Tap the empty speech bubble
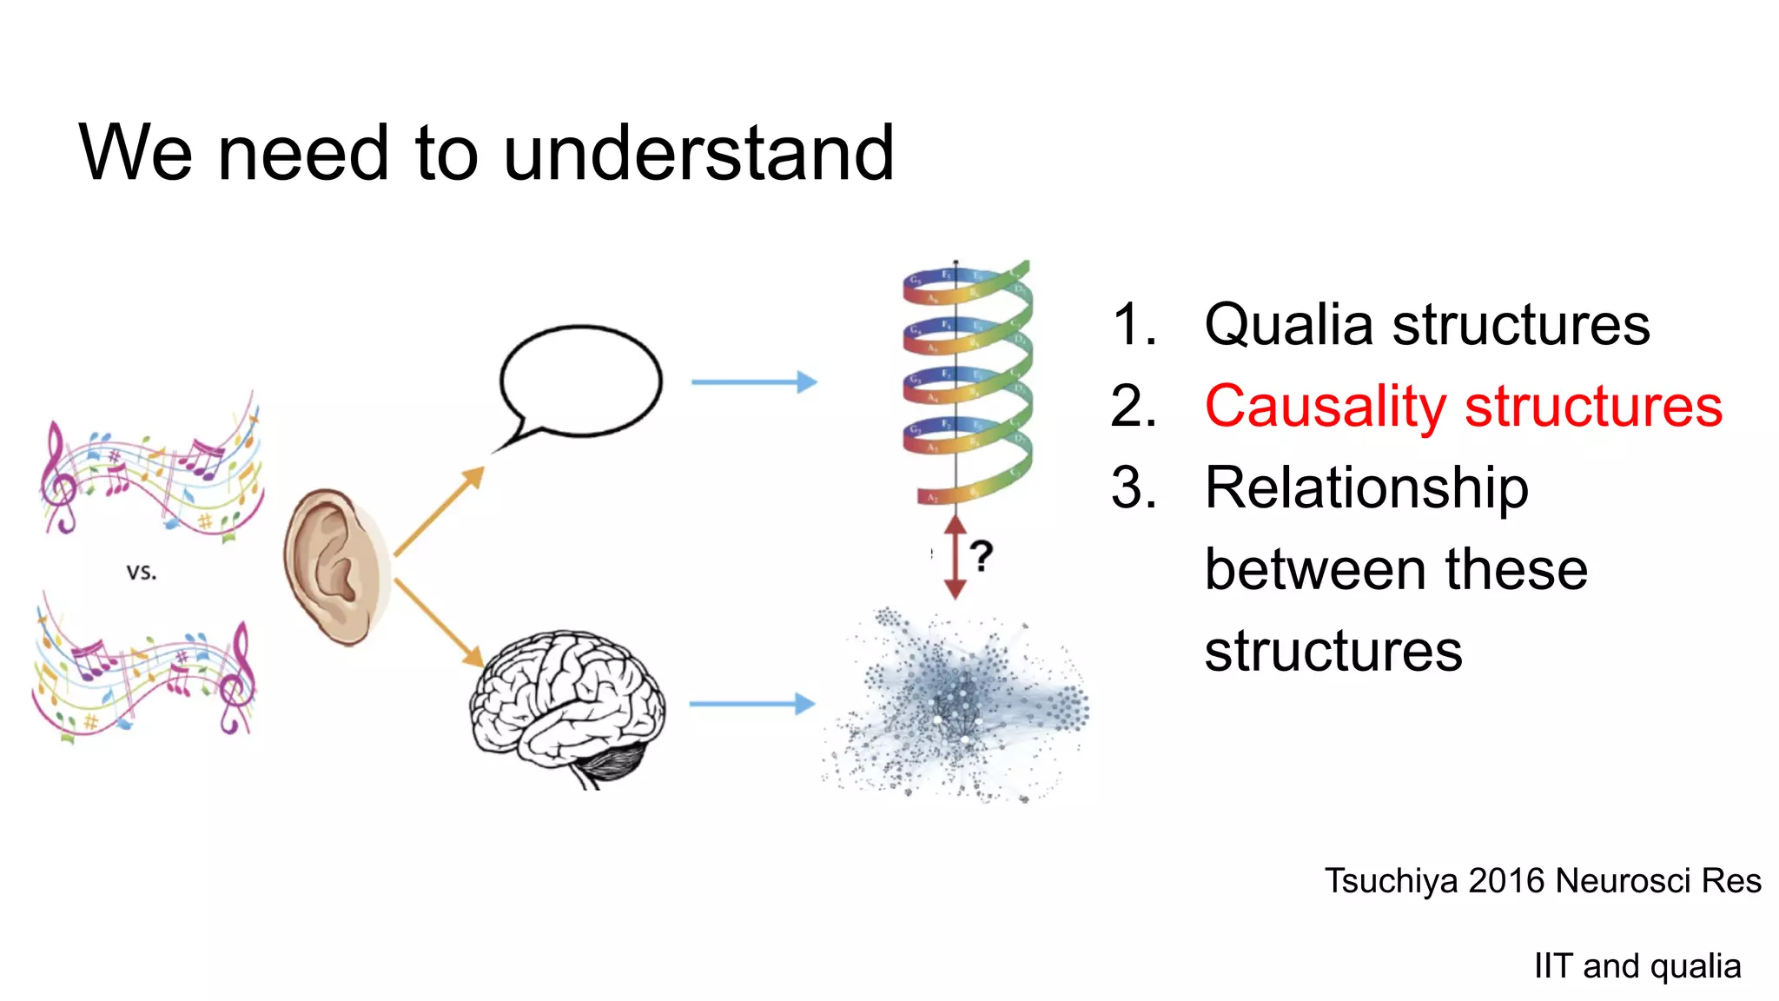580,381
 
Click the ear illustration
335,566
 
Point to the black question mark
982,555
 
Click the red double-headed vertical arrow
955,556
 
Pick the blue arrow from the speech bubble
753,381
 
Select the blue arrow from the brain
751,703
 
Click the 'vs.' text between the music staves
142,572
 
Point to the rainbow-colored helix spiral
966,382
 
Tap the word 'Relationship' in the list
1366,487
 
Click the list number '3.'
1134,487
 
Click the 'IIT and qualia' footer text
1637,966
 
